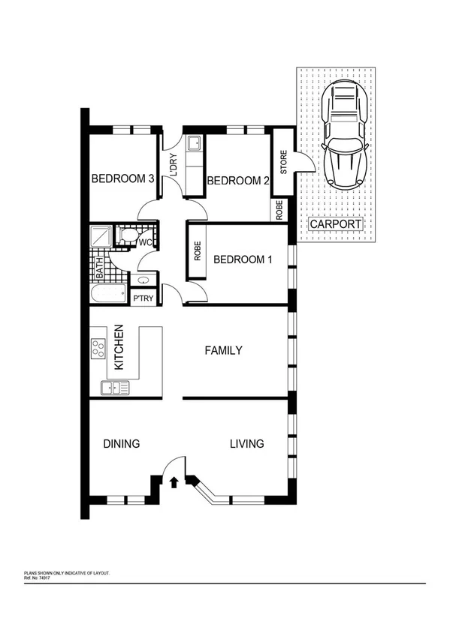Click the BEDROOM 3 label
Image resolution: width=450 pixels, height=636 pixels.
click(122, 179)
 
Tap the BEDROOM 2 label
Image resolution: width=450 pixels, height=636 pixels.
click(237, 181)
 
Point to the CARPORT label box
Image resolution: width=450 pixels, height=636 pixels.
click(336, 223)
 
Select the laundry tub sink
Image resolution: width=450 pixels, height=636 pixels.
click(193, 144)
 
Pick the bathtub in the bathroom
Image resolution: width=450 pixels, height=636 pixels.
click(109, 293)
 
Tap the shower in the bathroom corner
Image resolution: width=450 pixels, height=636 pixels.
click(101, 236)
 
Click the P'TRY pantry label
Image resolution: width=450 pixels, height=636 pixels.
click(143, 298)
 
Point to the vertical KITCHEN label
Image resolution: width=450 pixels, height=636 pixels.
click(119, 349)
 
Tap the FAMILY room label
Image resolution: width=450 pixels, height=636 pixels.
click(224, 350)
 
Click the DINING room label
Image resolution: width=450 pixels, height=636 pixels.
click(121, 443)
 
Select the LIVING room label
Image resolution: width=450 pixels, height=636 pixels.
click(246, 443)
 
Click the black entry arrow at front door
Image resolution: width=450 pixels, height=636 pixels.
click(174, 482)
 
